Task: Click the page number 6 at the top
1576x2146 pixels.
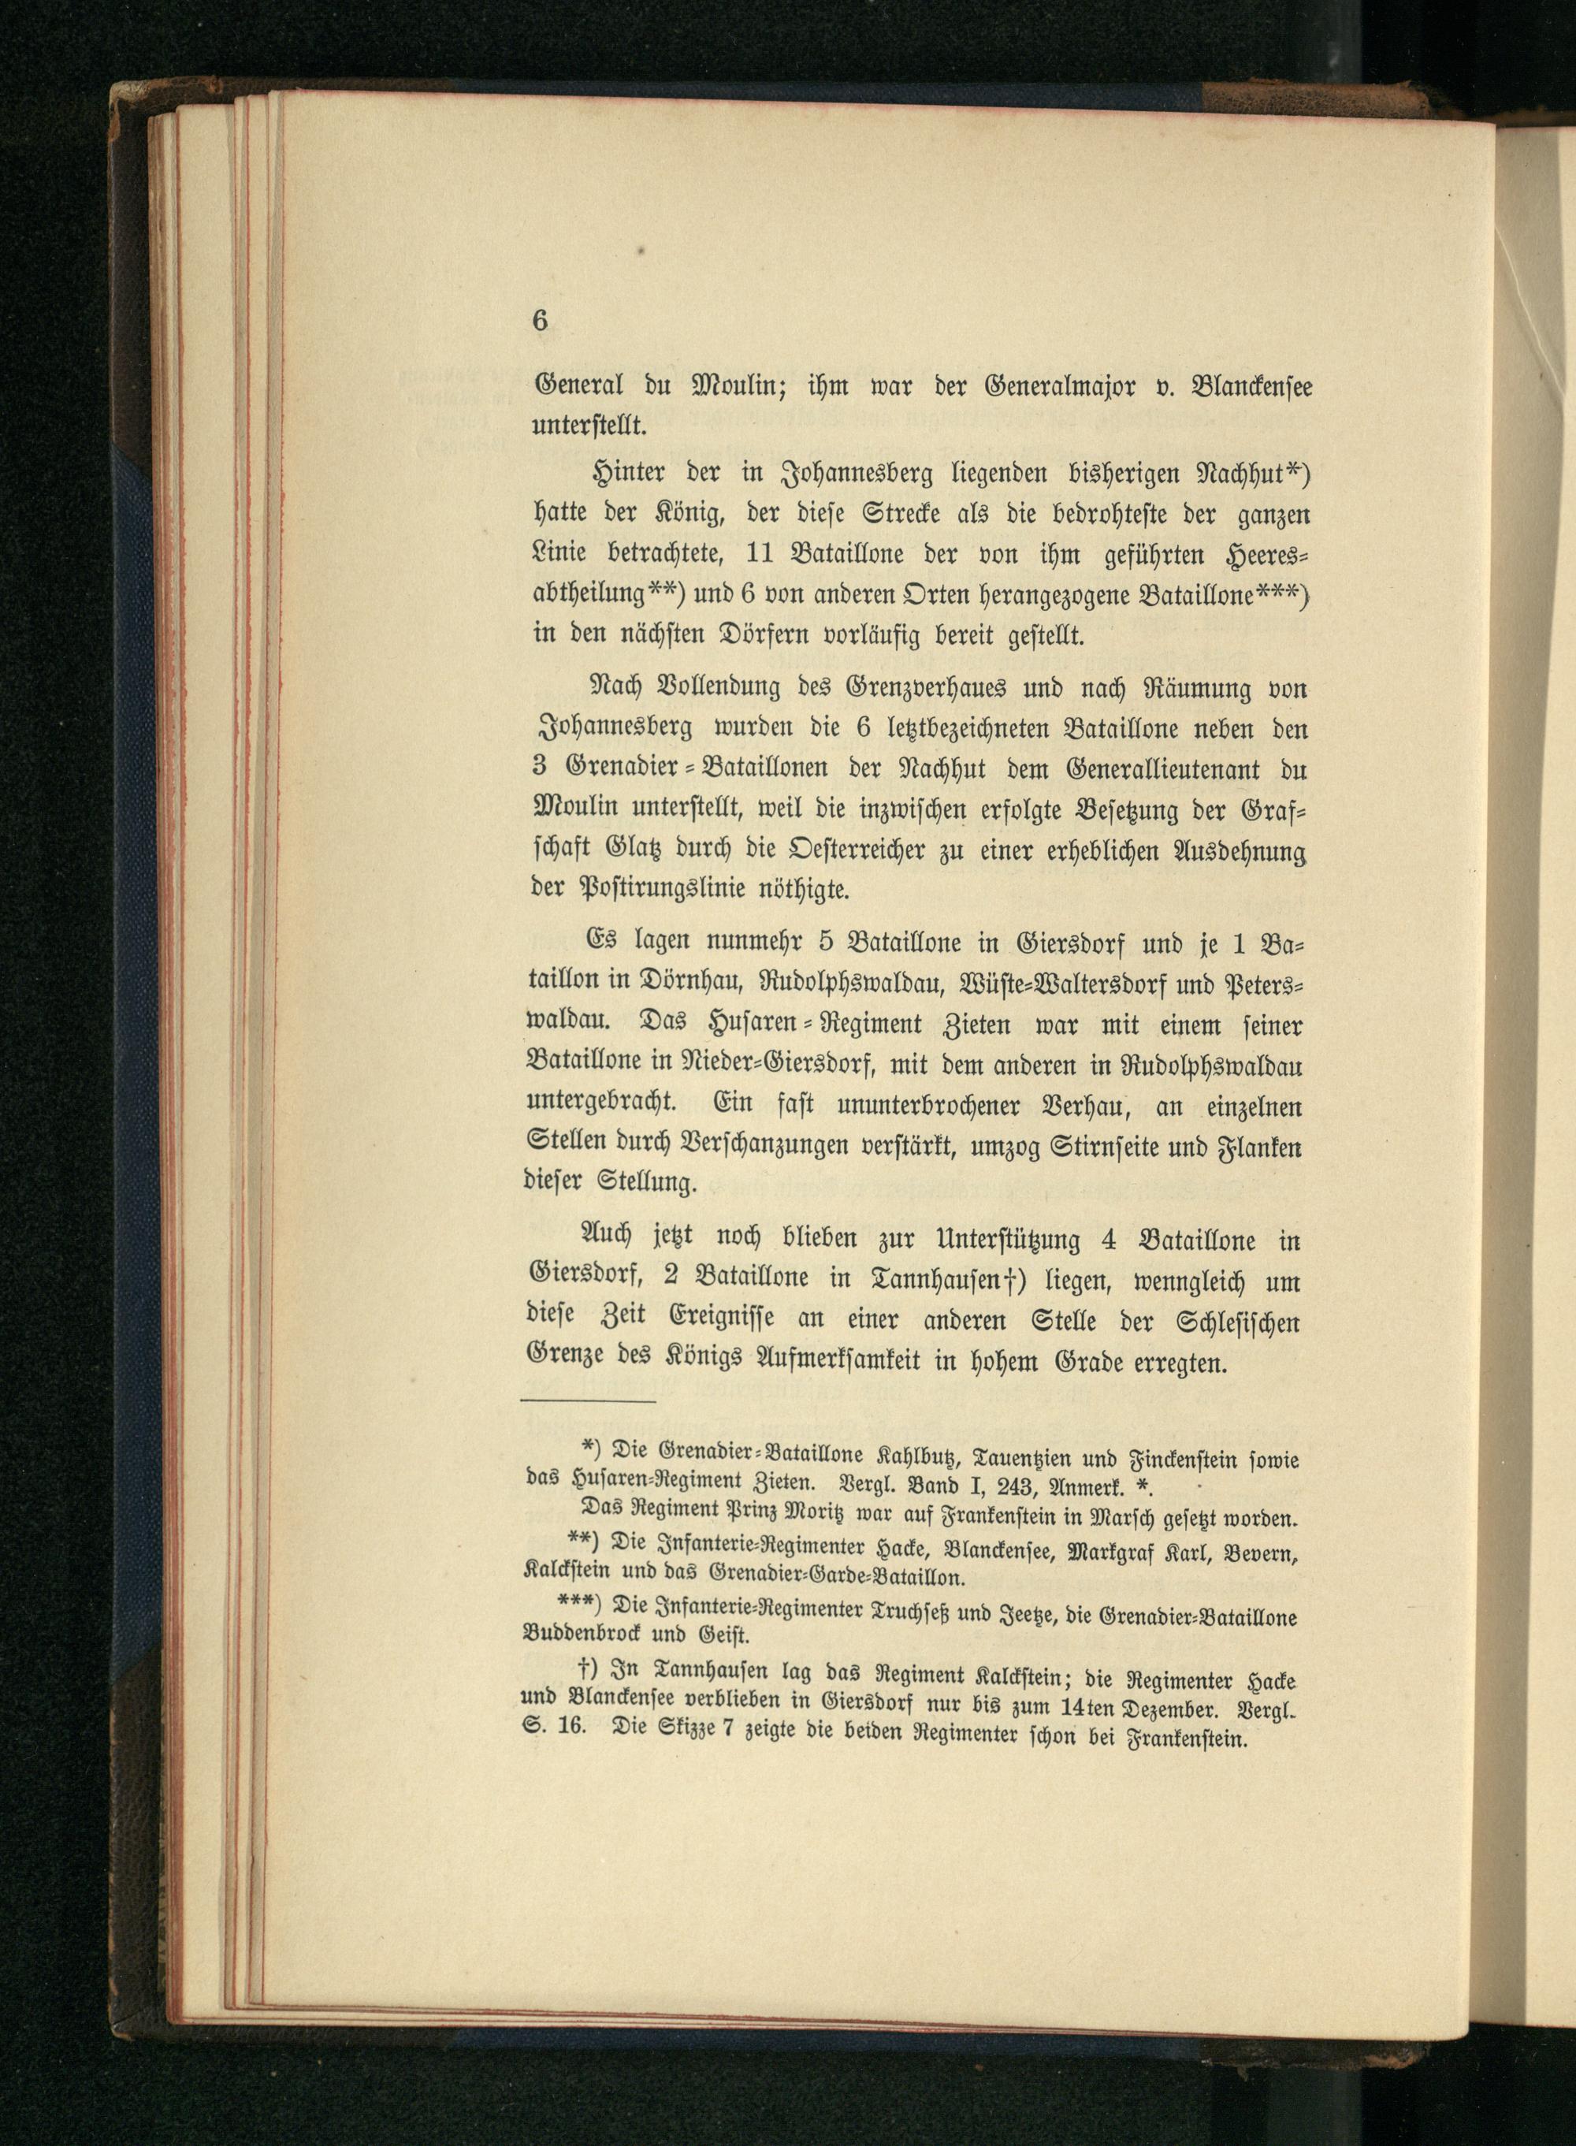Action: click(540, 321)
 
